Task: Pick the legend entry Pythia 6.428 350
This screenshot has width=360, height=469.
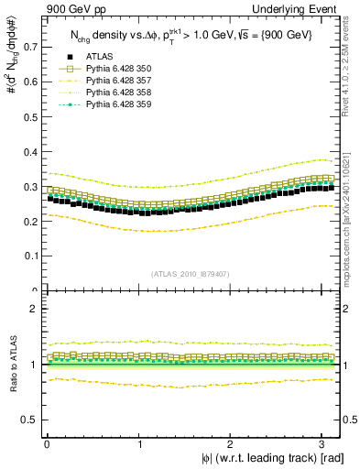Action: click(120, 68)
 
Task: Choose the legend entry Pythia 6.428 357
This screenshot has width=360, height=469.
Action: click(120, 81)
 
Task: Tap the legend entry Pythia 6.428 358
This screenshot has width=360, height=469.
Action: click(120, 93)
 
